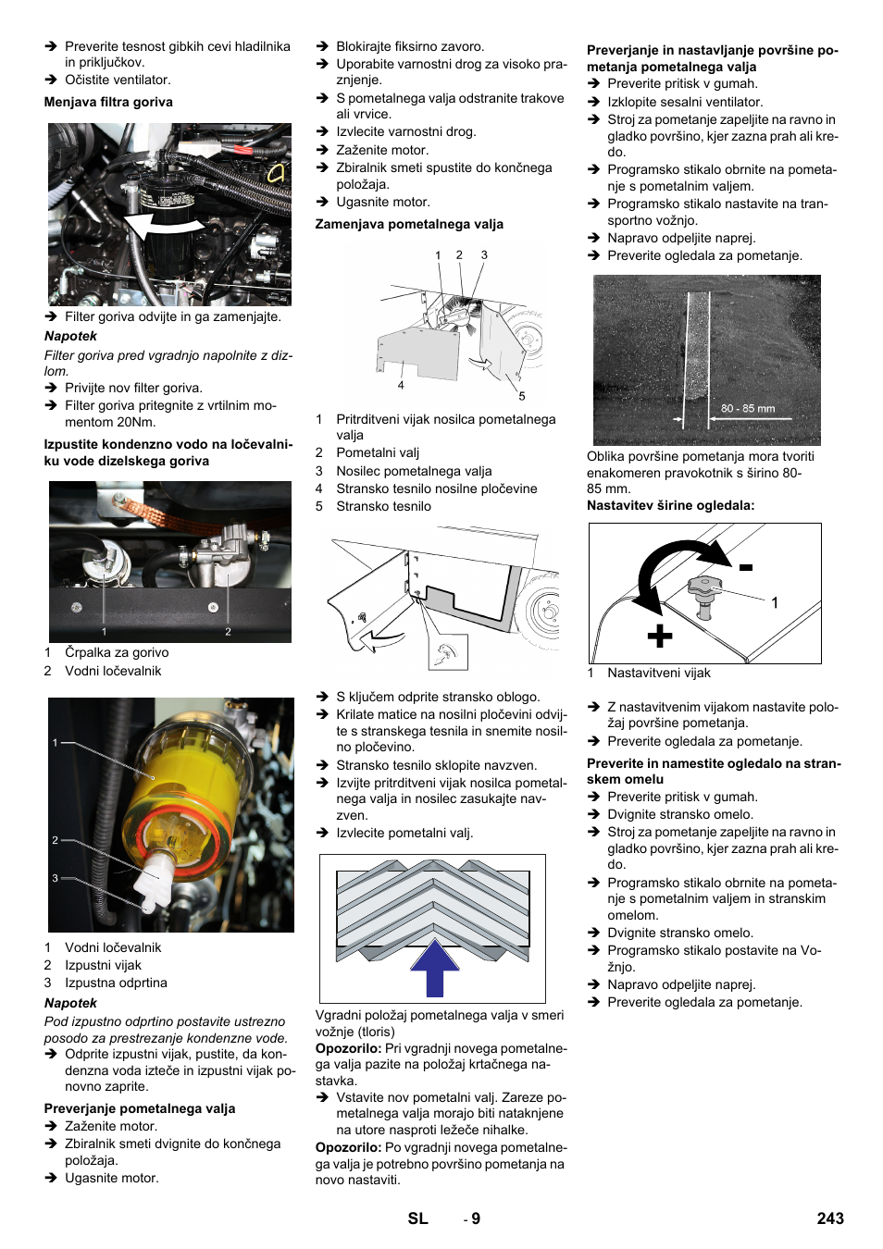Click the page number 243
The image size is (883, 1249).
(x=829, y=1218)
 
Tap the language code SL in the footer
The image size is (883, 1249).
(x=417, y=1218)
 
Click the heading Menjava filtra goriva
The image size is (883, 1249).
(x=108, y=102)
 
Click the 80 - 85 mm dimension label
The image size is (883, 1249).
(x=748, y=408)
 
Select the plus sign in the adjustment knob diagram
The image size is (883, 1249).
(x=659, y=637)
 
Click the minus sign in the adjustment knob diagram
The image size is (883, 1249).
(x=746, y=567)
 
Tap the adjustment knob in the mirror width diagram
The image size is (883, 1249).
(x=704, y=590)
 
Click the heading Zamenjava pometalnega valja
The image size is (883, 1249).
(x=409, y=224)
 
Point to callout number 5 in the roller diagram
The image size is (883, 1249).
(x=522, y=396)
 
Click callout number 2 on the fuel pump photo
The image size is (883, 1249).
(x=228, y=632)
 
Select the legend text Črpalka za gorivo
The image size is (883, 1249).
(x=117, y=652)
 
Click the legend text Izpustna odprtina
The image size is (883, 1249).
(x=116, y=983)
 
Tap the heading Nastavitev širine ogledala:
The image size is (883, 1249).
(x=670, y=505)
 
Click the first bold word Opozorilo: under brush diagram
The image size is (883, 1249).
(x=348, y=1048)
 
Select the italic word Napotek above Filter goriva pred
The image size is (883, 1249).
(x=70, y=336)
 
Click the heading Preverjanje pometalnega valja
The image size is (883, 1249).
(x=140, y=1108)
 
